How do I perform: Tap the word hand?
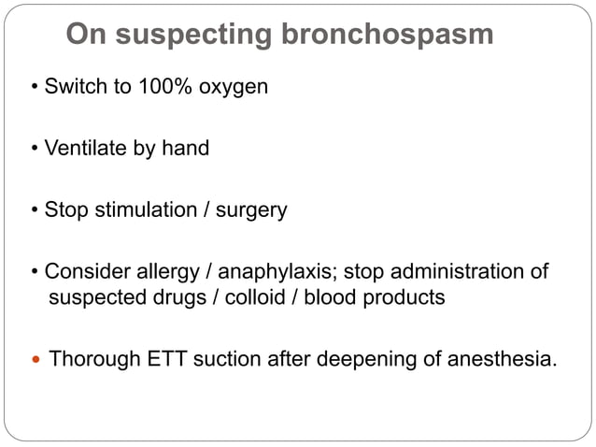(x=187, y=148)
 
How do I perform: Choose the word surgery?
(x=251, y=209)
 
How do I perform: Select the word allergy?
(x=166, y=271)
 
